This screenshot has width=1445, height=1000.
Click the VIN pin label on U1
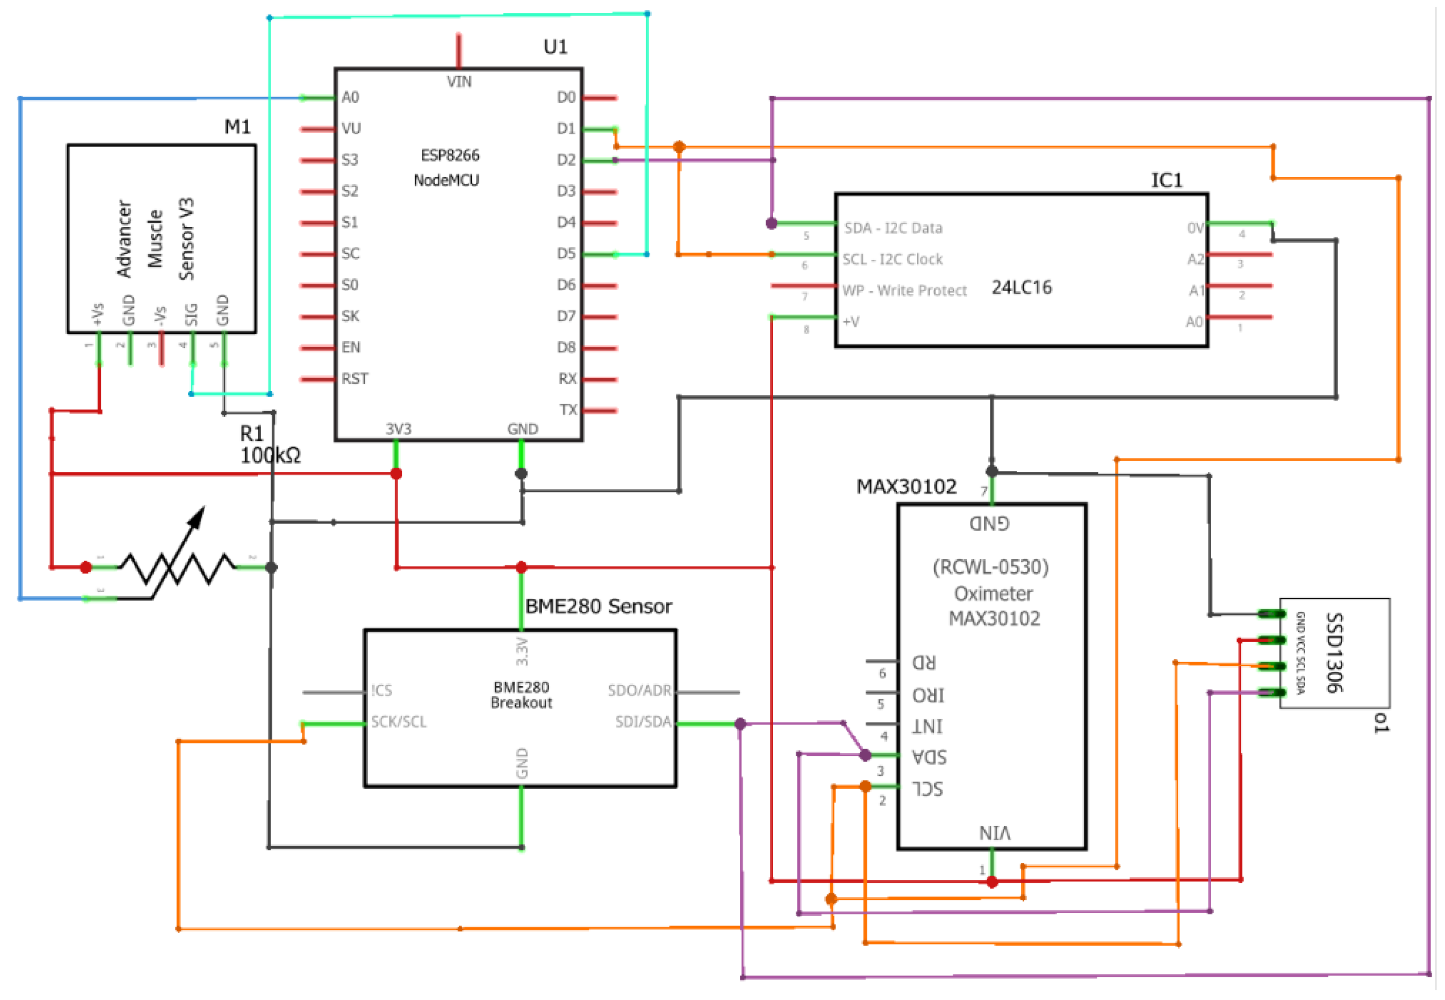459,81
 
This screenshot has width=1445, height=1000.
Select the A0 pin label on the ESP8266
350,97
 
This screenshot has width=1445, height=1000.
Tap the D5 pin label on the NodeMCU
566,254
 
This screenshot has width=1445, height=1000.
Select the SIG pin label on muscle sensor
192,314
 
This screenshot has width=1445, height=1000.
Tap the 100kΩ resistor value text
270,456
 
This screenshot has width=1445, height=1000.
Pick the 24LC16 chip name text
1021,287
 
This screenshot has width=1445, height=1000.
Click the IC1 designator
1166,181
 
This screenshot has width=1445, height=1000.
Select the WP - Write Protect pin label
904,291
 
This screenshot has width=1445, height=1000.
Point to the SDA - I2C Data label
893,228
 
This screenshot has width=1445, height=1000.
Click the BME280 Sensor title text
598,606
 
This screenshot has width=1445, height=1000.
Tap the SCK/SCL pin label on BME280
399,722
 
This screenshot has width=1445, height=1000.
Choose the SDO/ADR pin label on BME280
639,690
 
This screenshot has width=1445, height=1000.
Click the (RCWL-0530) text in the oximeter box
991,567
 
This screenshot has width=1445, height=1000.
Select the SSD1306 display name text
1334,652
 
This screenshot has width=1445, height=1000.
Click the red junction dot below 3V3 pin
396,474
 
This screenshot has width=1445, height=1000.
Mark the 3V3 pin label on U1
399,429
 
